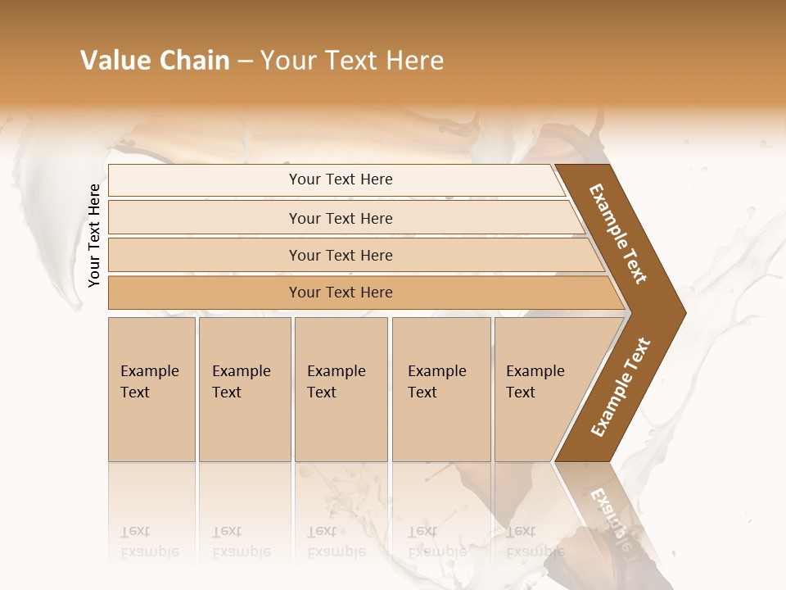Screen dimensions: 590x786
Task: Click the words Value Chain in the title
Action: pos(155,61)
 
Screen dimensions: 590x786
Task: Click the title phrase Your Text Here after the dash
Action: pos(352,61)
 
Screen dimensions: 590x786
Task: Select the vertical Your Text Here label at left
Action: pos(94,235)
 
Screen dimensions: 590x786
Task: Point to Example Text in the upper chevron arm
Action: pos(618,234)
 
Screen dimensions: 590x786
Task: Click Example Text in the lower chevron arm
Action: pos(620,388)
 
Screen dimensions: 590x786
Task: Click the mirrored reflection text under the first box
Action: pos(149,542)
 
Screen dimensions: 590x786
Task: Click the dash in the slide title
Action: pos(244,61)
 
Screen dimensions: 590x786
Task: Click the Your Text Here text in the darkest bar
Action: pos(341,293)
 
